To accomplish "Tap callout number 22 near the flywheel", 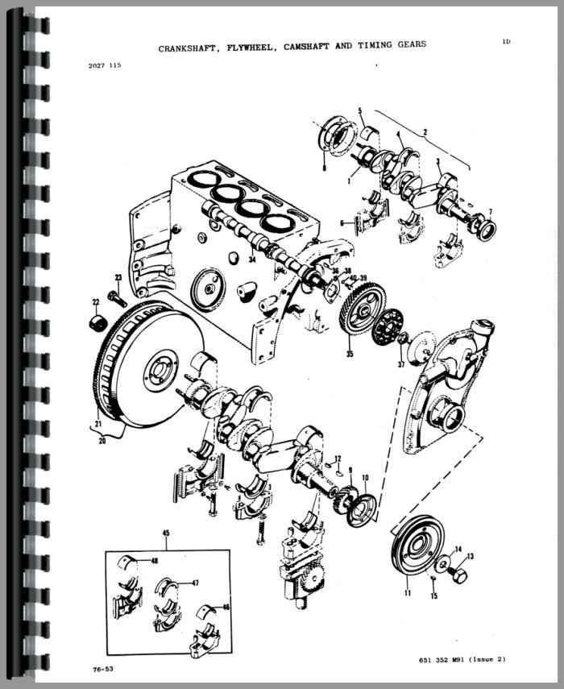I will point(95,303).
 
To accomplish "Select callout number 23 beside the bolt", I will point(118,278).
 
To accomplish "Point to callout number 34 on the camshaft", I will point(252,259).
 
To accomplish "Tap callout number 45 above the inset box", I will point(165,533).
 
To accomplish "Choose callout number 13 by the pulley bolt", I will point(471,556).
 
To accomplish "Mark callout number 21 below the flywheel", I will point(98,424).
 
